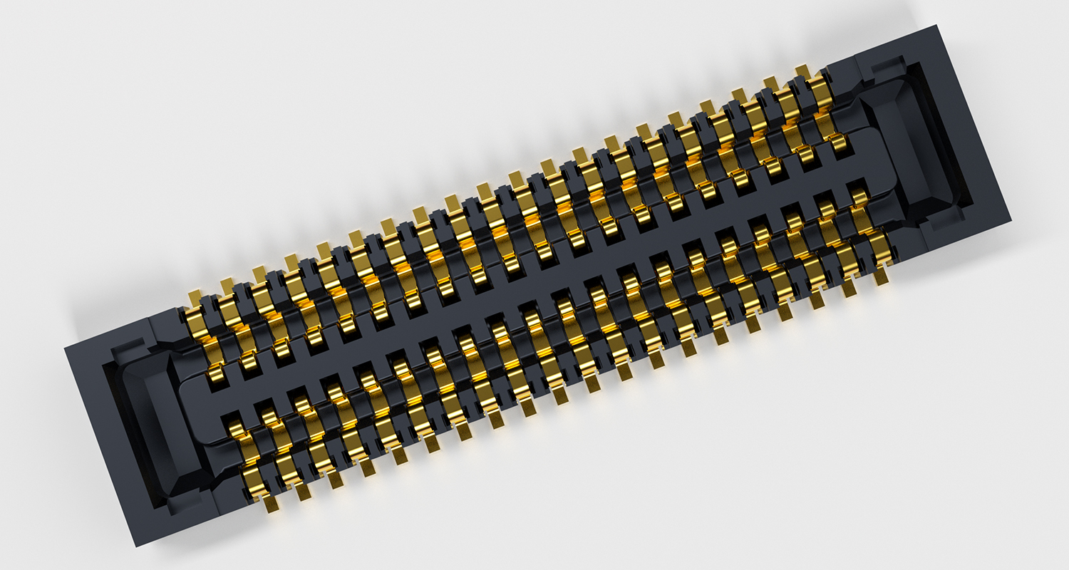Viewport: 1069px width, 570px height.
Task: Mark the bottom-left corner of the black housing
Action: [x=135, y=546]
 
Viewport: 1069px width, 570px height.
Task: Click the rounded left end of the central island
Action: [x=187, y=407]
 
